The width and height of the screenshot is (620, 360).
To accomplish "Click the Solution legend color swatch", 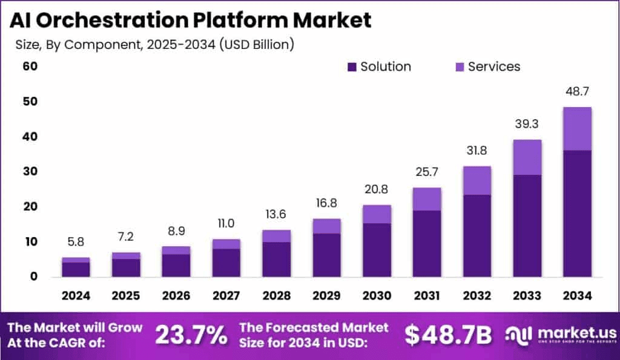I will tap(352, 67).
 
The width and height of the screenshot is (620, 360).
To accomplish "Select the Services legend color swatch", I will tap(458, 67).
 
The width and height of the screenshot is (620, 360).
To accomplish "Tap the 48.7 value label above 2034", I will tap(577, 92).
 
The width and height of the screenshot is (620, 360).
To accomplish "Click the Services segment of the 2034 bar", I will tap(577, 129).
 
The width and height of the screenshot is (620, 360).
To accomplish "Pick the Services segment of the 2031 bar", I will tap(427, 199).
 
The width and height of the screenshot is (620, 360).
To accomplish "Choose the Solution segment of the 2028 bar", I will tap(277, 259).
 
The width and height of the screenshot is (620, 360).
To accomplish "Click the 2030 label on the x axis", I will tap(377, 295).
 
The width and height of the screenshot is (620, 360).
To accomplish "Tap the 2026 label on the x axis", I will tap(176, 295).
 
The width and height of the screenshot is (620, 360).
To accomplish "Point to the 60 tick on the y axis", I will tap(30, 66).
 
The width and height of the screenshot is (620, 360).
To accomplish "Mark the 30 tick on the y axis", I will tap(30, 172).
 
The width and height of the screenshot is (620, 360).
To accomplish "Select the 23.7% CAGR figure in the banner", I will tap(191, 335).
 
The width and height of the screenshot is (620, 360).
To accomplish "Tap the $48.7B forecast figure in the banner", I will tap(448, 335).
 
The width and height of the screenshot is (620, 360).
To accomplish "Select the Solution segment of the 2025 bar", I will tap(126, 267).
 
